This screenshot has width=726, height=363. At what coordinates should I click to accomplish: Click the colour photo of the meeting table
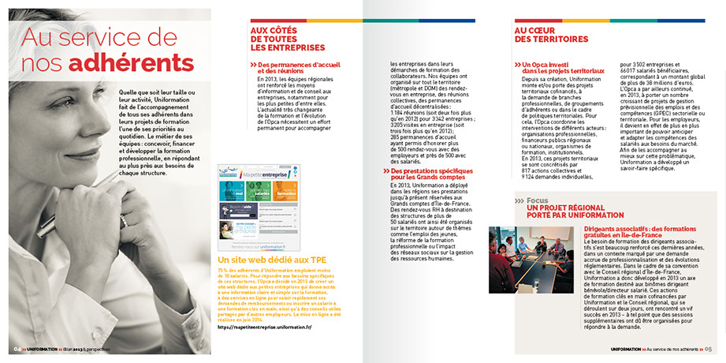[531, 259]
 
